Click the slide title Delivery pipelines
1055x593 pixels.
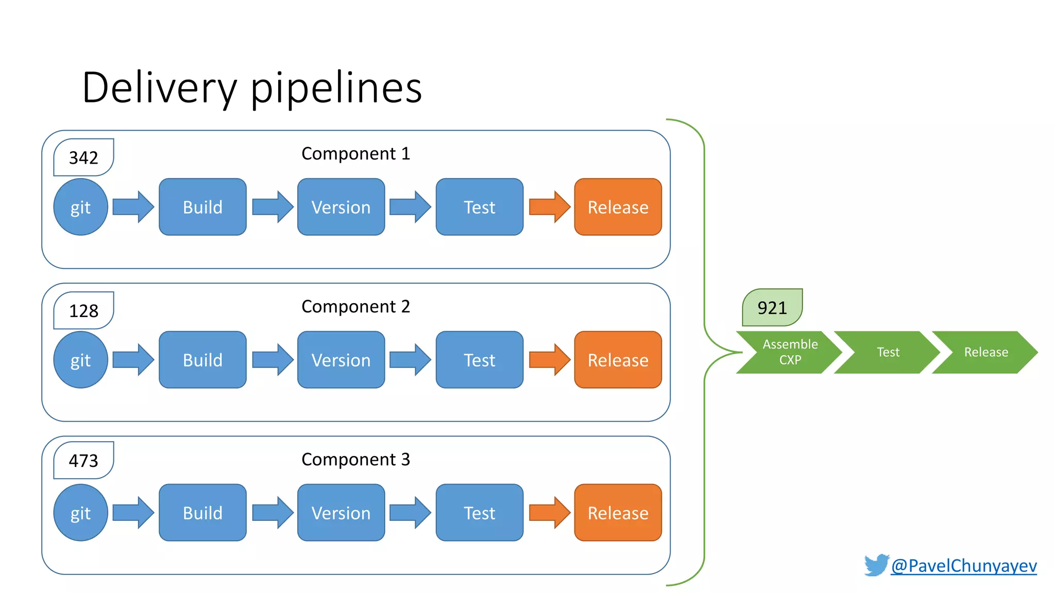251,88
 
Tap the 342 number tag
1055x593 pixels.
83,158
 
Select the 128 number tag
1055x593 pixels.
83,310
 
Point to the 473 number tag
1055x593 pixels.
83,460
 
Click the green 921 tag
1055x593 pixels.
772,308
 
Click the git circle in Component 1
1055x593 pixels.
80,207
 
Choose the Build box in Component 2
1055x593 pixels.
202,360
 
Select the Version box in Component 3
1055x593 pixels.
341,513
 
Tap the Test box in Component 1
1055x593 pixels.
479,207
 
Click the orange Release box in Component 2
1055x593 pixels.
618,360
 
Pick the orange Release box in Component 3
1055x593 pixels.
618,513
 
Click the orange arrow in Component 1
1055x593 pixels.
549,207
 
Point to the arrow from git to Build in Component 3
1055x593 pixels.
133,513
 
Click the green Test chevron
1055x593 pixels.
888,352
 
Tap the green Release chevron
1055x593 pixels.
985,352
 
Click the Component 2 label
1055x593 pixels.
355,306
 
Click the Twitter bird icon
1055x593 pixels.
876,565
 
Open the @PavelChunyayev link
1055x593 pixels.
963,566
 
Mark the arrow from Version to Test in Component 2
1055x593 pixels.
410,360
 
